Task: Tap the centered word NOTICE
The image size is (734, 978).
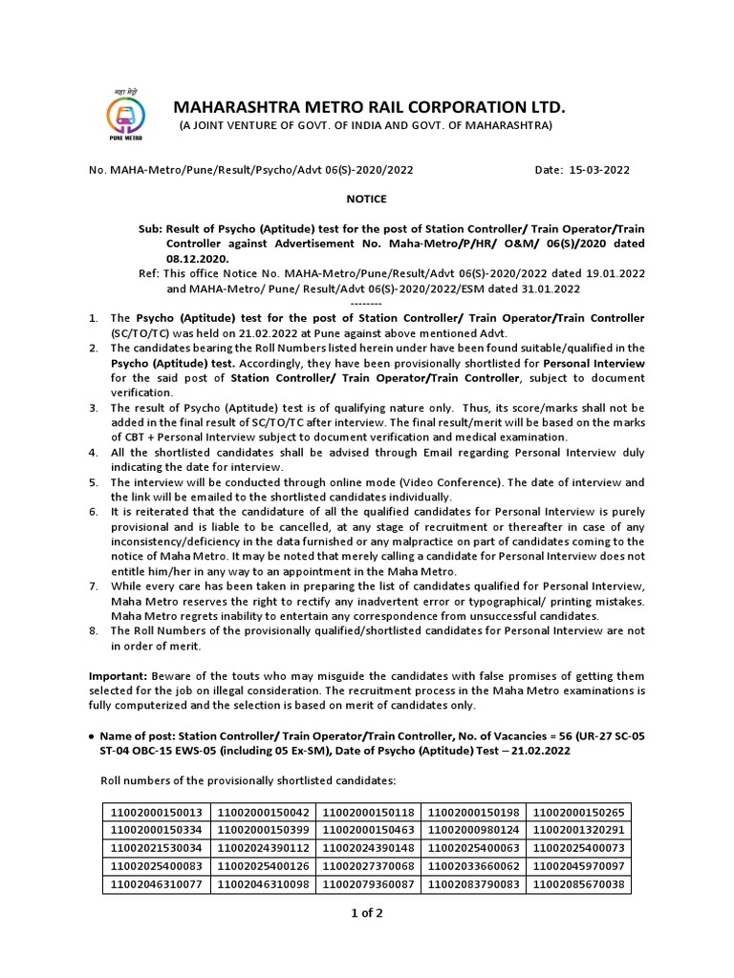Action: click(x=366, y=199)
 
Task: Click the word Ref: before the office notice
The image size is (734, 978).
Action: click(x=151, y=273)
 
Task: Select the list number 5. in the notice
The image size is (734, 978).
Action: click(x=94, y=482)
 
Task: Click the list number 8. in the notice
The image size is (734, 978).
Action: click(x=94, y=630)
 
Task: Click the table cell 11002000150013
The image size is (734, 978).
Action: click(x=157, y=812)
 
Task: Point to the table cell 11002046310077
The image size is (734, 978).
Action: click(x=157, y=884)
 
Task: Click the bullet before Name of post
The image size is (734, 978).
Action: click(x=90, y=737)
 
